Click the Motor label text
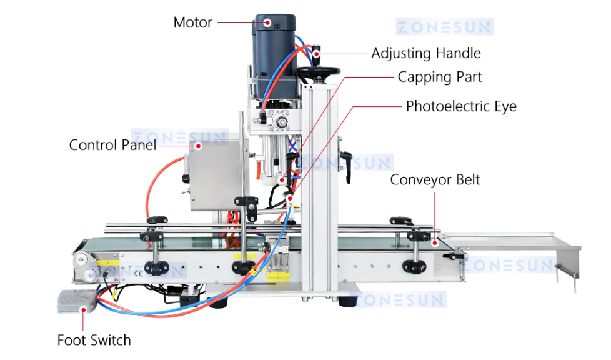coord(192,22)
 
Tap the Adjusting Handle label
coord(426,53)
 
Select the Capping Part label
coord(440,77)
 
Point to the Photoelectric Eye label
coord(461,106)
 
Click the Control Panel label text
coord(112,145)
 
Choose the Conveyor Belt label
coord(435,180)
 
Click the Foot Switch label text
coord(94,340)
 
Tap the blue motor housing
coord(274,50)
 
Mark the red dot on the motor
coord(267,22)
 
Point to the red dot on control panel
coord(199,146)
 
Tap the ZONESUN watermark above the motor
coord(444,26)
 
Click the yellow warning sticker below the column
coord(276,275)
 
